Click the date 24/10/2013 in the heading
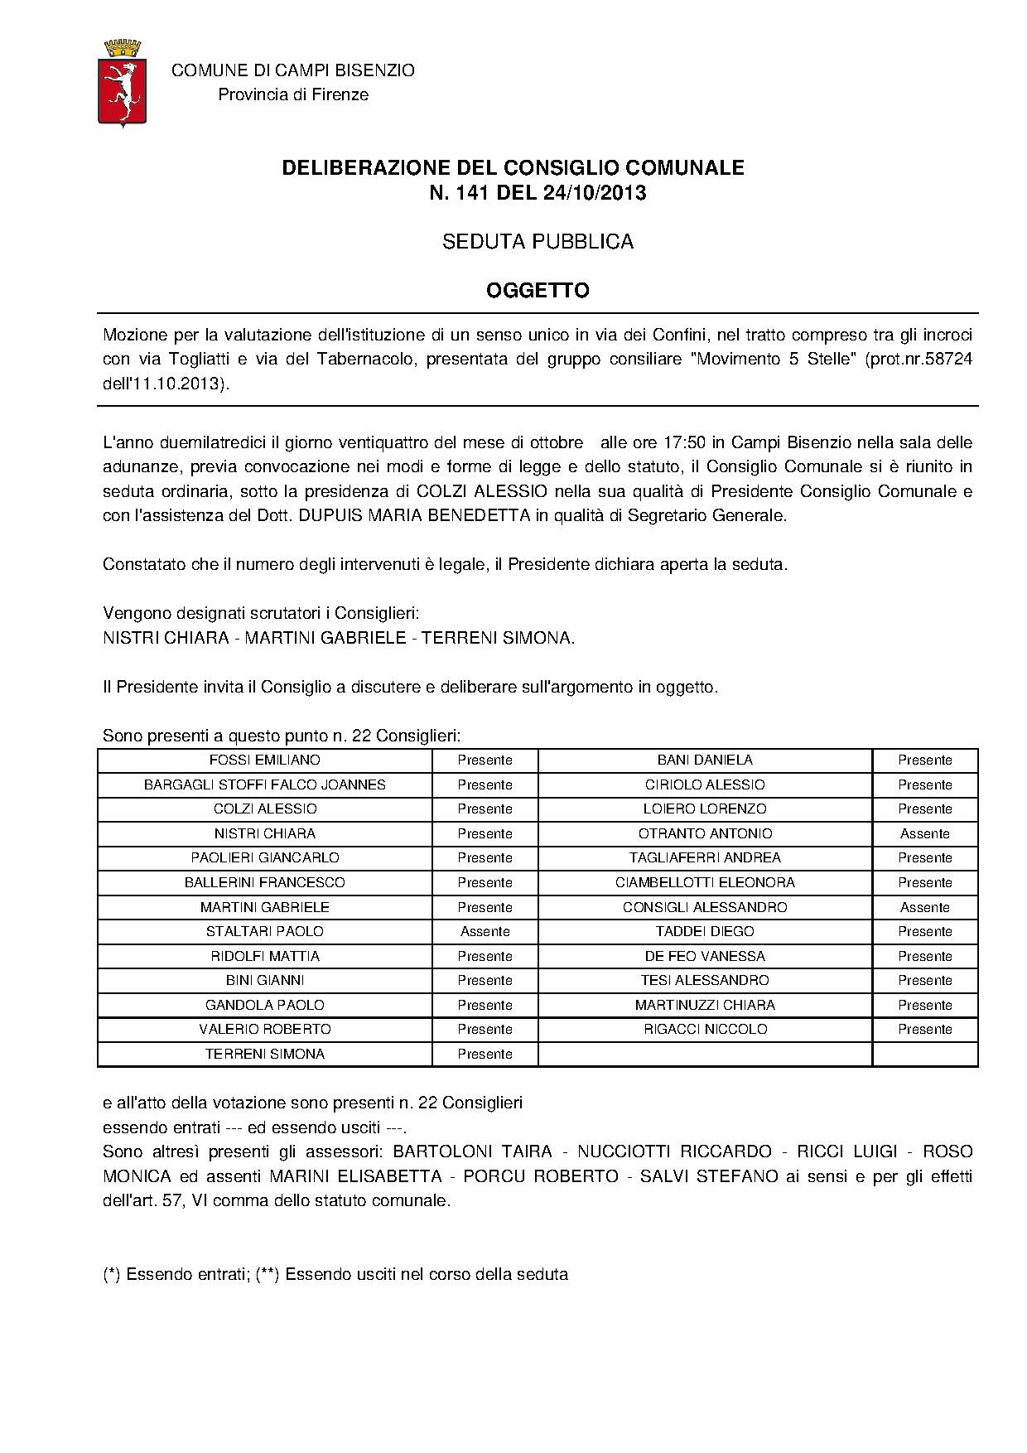pyautogui.click(x=594, y=193)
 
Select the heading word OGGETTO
pyautogui.click(x=537, y=291)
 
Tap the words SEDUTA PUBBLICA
pyautogui.click(x=537, y=242)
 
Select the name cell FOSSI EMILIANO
pyautogui.click(x=265, y=760)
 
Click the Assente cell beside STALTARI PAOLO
pyautogui.click(x=485, y=932)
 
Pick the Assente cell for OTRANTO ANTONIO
pyautogui.click(x=924, y=834)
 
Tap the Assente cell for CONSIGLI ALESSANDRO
pyautogui.click(x=924, y=908)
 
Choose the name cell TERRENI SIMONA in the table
pyautogui.click(x=265, y=1055)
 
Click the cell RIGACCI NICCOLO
pyautogui.click(x=705, y=1030)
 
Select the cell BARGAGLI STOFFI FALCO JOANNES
pyautogui.click(x=265, y=784)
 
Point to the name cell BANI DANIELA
pyautogui.click(x=705, y=760)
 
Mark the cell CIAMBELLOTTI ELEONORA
pyautogui.click(x=705, y=883)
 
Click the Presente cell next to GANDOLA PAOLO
pyautogui.click(x=485, y=1006)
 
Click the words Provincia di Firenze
pyautogui.click(x=293, y=95)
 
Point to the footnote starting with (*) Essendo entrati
pyautogui.click(x=335, y=1275)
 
